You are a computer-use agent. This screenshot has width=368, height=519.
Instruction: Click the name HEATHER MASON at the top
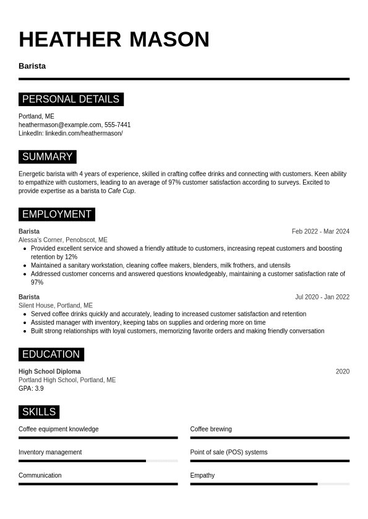pos(114,39)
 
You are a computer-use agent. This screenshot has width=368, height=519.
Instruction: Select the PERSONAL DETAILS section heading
pos(71,99)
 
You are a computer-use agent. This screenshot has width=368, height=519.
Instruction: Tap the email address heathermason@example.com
pos(60,125)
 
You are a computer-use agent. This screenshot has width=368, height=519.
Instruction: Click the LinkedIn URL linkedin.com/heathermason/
pos(83,133)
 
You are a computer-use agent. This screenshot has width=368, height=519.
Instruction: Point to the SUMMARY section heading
pos(47,157)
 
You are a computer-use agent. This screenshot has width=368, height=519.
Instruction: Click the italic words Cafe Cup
pos(121,191)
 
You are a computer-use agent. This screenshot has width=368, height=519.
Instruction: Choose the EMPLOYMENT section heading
pos(56,214)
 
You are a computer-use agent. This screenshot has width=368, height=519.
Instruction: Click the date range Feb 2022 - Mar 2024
pos(320,231)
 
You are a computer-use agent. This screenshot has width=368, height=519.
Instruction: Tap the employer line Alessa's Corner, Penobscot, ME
pos(62,240)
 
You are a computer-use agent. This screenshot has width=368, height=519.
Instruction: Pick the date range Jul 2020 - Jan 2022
pos(322,297)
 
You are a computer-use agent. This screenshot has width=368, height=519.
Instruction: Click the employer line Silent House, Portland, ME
pos(56,305)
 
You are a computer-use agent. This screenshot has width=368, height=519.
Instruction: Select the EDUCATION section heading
pos(51,354)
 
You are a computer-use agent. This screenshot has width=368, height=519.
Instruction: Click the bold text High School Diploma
pos(49,372)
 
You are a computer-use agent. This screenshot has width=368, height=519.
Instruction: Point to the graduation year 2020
pos(342,372)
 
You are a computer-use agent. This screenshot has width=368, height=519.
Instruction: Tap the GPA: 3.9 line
pos(31,389)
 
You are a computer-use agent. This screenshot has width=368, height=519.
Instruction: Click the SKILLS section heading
pos(38,412)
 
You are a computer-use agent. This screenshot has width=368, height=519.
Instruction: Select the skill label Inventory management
pos(50,452)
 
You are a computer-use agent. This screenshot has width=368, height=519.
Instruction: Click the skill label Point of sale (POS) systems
pos(229,452)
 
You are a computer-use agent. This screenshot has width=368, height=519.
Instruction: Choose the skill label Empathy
pos(202,476)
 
